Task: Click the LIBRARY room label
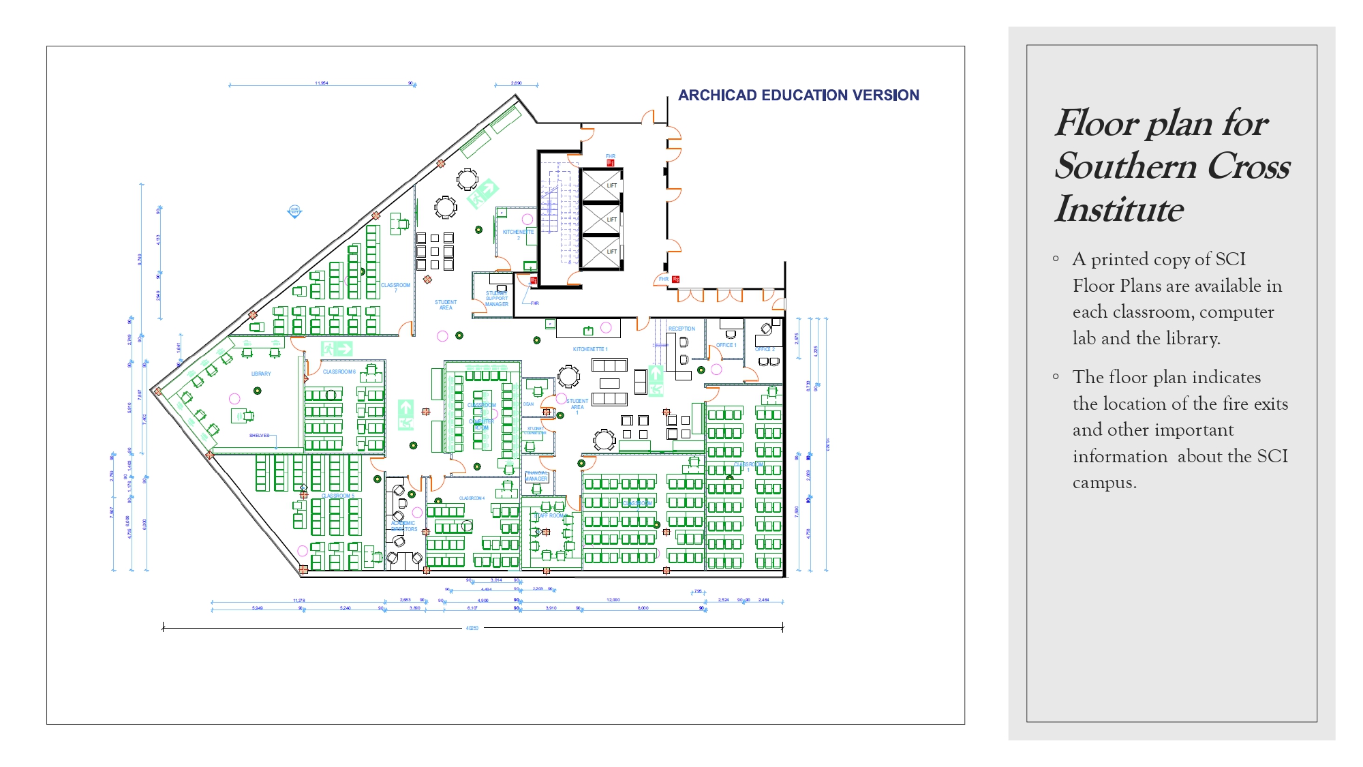click(x=261, y=374)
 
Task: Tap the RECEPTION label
click(x=681, y=329)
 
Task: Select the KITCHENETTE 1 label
click(x=590, y=349)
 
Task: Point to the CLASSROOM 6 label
click(x=339, y=372)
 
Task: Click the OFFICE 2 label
click(x=765, y=349)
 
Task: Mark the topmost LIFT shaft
click(x=601, y=185)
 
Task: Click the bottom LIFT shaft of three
click(x=601, y=252)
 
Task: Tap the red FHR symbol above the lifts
click(x=611, y=163)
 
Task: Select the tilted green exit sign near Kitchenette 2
click(x=483, y=194)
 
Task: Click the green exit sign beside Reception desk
click(x=656, y=380)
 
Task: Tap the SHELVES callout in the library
click(x=259, y=435)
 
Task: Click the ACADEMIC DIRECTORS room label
click(x=403, y=526)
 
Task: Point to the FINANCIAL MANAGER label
click(x=536, y=476)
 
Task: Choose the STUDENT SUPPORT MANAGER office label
click(x=497, y=299)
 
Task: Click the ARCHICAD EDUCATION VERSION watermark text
click(x=798, y=95)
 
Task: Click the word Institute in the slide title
click(x=1118, y=209)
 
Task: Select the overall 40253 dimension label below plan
click(x=472, y=628)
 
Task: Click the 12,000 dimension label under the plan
click(x=613, y=600)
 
